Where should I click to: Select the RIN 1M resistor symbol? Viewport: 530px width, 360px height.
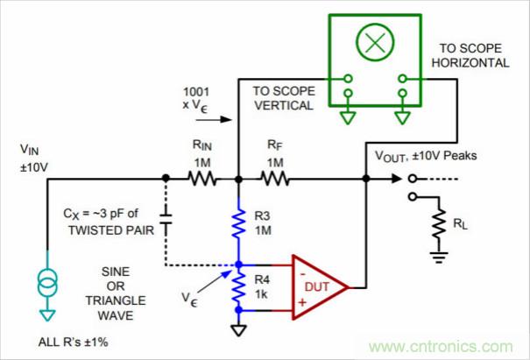(x=201, y=179)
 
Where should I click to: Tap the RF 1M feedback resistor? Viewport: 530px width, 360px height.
(x=274, y=179)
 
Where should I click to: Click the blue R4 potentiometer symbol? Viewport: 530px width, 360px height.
(x=238, y=287)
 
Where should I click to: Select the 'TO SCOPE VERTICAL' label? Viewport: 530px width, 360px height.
(x=282, y=97)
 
